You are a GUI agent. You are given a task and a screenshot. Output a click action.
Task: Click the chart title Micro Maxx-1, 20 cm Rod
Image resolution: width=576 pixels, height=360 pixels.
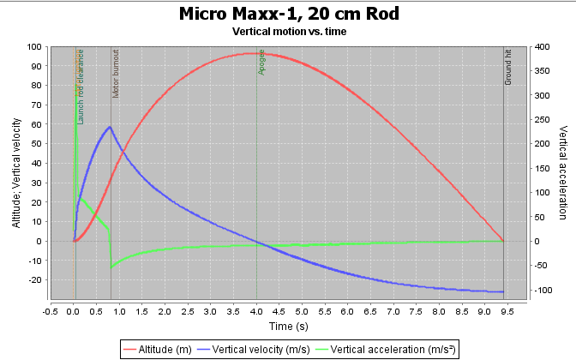pyautogui.click(x=289, y=14)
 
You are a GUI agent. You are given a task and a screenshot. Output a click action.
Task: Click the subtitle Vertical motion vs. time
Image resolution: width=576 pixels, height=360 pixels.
pyautogui.click(x=289, y=31)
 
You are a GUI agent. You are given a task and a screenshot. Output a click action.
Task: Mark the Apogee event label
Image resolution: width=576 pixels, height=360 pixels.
pyautogui.click(x=262, y=64)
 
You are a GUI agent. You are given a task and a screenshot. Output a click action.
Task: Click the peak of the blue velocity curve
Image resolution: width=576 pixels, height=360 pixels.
pyautogui.click(x=110, y=127)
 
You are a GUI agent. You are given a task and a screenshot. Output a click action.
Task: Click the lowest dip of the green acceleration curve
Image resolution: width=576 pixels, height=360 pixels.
pyautogui.click(x=111, y=268)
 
